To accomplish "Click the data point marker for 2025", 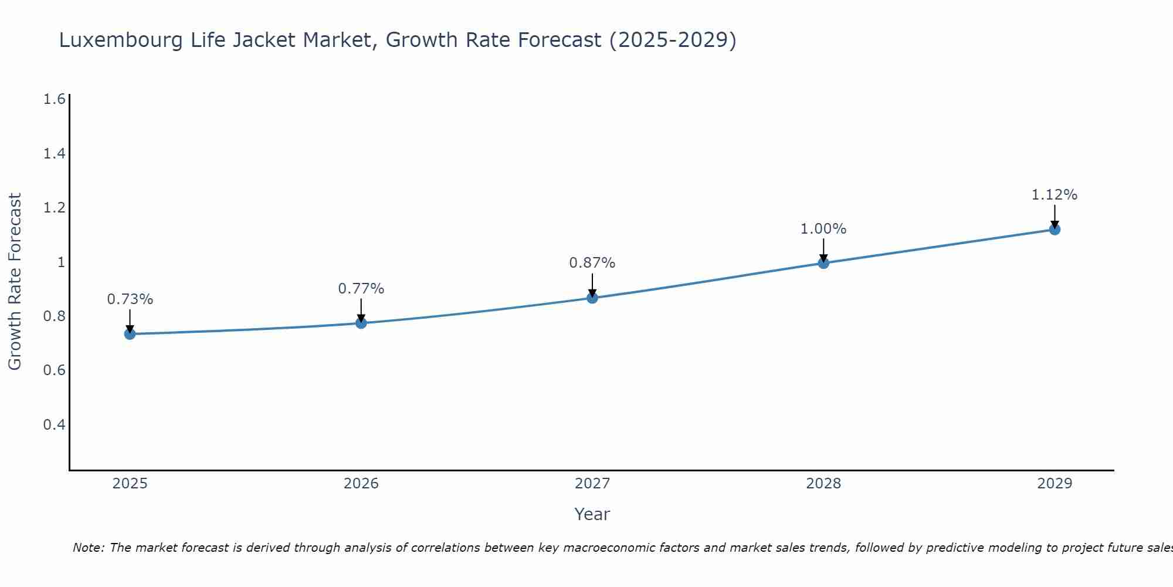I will coord(130,334).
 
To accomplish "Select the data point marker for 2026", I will coord(361,323).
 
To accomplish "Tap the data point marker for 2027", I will coord(592,298).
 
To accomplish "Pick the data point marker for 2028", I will coord(823,262).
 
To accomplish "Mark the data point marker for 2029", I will coord(1055,229).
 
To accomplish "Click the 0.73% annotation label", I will coord(130,299).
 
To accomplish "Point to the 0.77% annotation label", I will coord(361,289).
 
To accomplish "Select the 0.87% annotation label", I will coord(592,263).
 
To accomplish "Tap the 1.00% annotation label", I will coord(823,229).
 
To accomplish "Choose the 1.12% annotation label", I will coord(1055,195).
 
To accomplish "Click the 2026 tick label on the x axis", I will coord(361,484).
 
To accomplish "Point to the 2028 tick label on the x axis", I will coord(823,484).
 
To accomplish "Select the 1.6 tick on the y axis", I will coord(54,99).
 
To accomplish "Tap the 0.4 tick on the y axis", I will coord(54,424).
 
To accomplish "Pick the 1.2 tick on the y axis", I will coord(54,208).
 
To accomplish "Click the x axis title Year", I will coord(592,514).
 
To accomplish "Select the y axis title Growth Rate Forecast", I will coord(15,282).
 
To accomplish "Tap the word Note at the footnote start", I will coord(88,548).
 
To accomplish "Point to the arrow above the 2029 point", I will coord(1055,215).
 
